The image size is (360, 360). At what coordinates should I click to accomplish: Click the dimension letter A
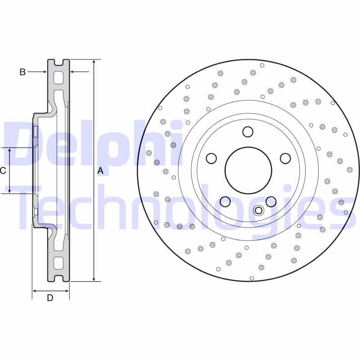[x=100, y=171]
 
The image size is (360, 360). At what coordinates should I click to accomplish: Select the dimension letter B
[x=22, y=72]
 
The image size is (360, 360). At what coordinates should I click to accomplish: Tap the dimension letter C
[x=3, y=171]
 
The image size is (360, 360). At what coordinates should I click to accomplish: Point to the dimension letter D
[x=50, y=298]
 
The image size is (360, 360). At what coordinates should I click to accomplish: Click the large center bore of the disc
[x=248, y=171]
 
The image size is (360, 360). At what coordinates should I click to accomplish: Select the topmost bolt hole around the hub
[x=247, y=132]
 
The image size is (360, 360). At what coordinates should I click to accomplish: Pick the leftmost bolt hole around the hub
[x=211, y=158]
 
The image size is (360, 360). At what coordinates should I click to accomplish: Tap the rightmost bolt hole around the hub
[x=285, y=158]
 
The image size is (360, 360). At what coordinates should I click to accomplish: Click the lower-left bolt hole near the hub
[x=225, y=201]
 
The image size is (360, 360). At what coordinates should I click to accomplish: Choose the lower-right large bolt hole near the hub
[x=271, y=201]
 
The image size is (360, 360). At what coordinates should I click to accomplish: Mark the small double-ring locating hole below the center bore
[x=258, y=210]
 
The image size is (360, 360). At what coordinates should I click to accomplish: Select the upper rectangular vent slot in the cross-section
[x=58, y=77]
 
